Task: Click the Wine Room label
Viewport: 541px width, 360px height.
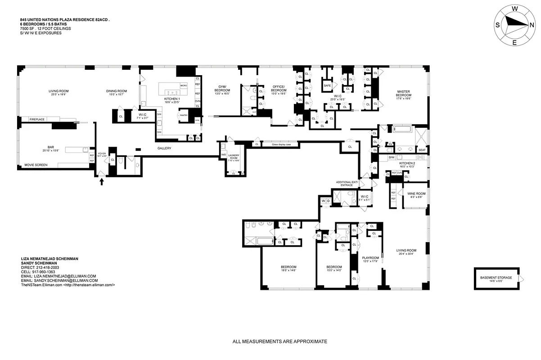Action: pos(416,193)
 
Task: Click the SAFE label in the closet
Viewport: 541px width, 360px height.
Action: pos(327,85)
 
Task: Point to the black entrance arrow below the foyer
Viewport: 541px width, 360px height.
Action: pos(101,181)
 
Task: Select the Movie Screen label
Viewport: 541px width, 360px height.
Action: pos(36,165)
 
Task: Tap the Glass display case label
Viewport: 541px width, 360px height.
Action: pos(280,144)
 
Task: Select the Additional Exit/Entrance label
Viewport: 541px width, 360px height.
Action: pos(347,183)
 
